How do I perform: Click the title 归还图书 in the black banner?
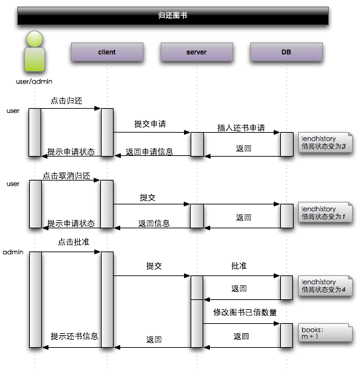click(x=173, y=15)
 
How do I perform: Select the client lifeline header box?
click(x=106, y=52)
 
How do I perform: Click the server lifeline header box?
click(x=197, y=52)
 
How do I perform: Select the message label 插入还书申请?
click(x=241, y=127)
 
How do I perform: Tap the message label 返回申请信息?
click(x=149, y=151)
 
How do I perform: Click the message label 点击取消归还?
click(x=66, y=177)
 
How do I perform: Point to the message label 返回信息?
click(x=154, y=223)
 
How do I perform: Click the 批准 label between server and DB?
click(x=239, y=265)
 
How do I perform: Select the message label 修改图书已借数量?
click(x=245, y=312)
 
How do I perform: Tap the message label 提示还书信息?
click(x=74, y=336)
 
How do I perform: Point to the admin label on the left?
click(x=13, y=253)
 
